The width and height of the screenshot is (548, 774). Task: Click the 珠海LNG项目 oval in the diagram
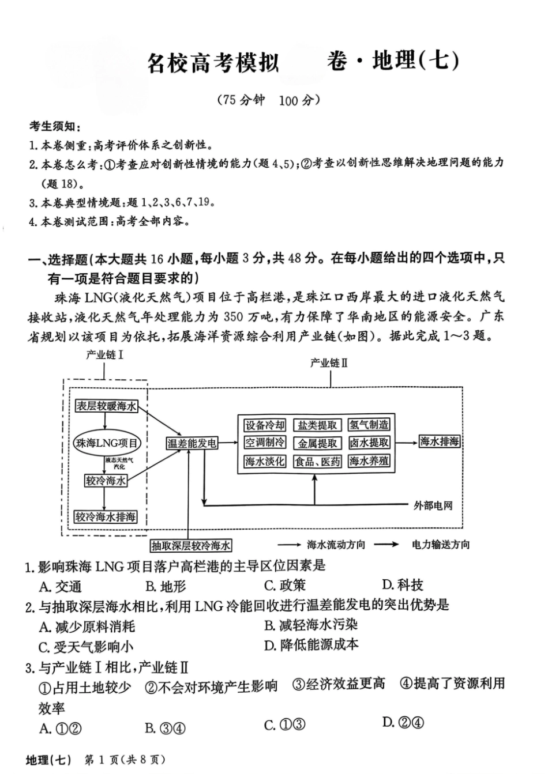click(x=107, y=443)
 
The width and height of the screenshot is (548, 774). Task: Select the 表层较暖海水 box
click(x=107, y=406)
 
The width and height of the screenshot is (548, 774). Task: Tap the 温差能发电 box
click(x=192, y=443)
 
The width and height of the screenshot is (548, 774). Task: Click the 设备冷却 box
click(x=265, y=425)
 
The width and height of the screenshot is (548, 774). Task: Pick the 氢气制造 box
click(x=369, y=425)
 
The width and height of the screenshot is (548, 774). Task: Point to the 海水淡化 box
click(x=265, y=461)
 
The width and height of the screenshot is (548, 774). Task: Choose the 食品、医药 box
click(x=317, y=462)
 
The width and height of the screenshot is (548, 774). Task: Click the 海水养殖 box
click(x=369, y=461)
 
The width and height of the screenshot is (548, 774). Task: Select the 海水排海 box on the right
click(x=440, y=442)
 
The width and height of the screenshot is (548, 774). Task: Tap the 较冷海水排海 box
click(x=106, y=516)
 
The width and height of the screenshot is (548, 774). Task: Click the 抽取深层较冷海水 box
click(x=191, y=545)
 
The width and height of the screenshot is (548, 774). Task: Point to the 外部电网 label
click(x=433, y=505)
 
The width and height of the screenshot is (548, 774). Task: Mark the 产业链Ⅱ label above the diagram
click(x=329, y=363)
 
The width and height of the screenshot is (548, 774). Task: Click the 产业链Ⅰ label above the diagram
click(x=104, y=355)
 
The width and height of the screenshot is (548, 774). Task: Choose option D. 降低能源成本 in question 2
click(x=311, y=645)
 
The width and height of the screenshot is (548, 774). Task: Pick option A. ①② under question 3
click(x=61, y=728)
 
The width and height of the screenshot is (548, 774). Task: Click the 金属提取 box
click(x=317, y=443)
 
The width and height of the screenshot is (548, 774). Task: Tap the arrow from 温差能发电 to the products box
click(x=228, y=443)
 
